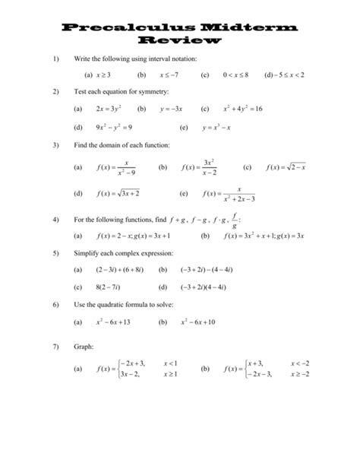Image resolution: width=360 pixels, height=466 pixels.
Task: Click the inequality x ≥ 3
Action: [104, 75]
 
